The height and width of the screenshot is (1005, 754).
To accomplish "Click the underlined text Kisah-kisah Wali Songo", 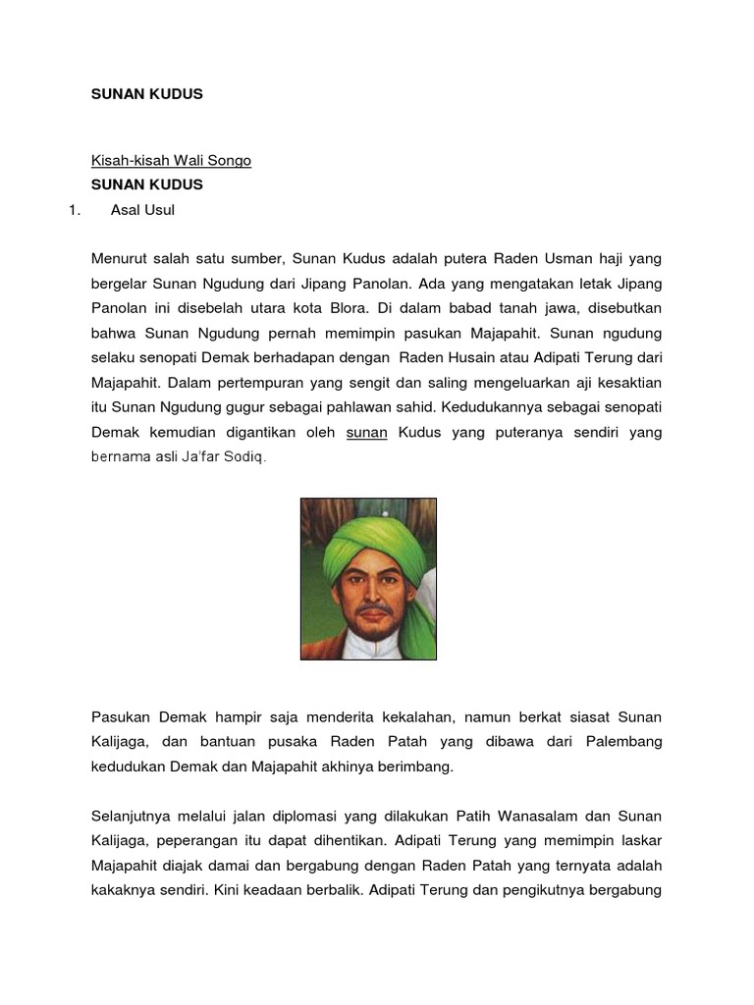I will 171,160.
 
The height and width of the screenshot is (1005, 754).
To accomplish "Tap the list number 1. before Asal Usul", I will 71,209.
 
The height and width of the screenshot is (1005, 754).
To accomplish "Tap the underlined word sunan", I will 368,432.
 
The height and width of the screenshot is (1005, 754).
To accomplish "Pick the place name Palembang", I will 626,742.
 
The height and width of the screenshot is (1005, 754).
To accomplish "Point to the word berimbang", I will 419,767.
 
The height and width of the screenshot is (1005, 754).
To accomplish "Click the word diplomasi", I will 280,816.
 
